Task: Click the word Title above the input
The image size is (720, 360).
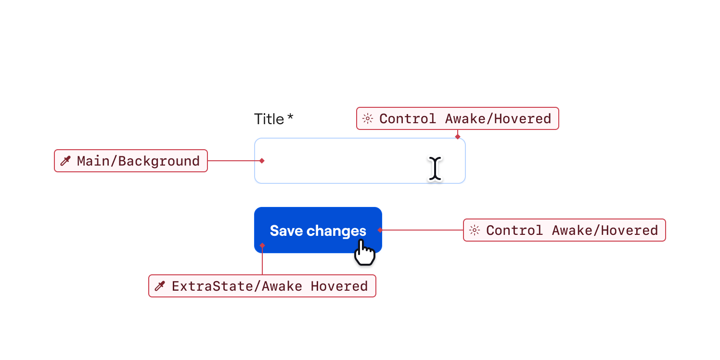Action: (269, 119)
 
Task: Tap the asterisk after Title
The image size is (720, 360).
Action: (290, 117)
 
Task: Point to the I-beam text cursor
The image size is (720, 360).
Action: (435, 169)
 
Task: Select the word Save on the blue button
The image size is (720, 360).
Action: (286, 231)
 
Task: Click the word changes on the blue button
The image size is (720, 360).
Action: (336, 231)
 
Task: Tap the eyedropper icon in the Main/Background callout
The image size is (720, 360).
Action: (65, 161)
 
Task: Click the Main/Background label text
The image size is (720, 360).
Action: (138, 161)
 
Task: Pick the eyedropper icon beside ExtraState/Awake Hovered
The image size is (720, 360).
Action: (159, 286)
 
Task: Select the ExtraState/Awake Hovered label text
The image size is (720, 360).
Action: (270, 286)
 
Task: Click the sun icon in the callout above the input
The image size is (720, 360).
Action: (368, 118)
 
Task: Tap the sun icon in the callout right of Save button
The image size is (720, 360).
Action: (475, 230)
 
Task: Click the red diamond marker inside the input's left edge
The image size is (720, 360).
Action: (262, 161)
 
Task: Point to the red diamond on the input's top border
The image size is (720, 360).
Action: (458, 137)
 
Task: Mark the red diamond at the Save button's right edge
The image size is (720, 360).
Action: (380, 230)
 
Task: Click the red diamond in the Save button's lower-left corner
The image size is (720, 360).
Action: (262, 245)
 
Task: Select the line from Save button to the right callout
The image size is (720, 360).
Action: (422, 230)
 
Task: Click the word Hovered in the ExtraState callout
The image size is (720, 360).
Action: (339, 286)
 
